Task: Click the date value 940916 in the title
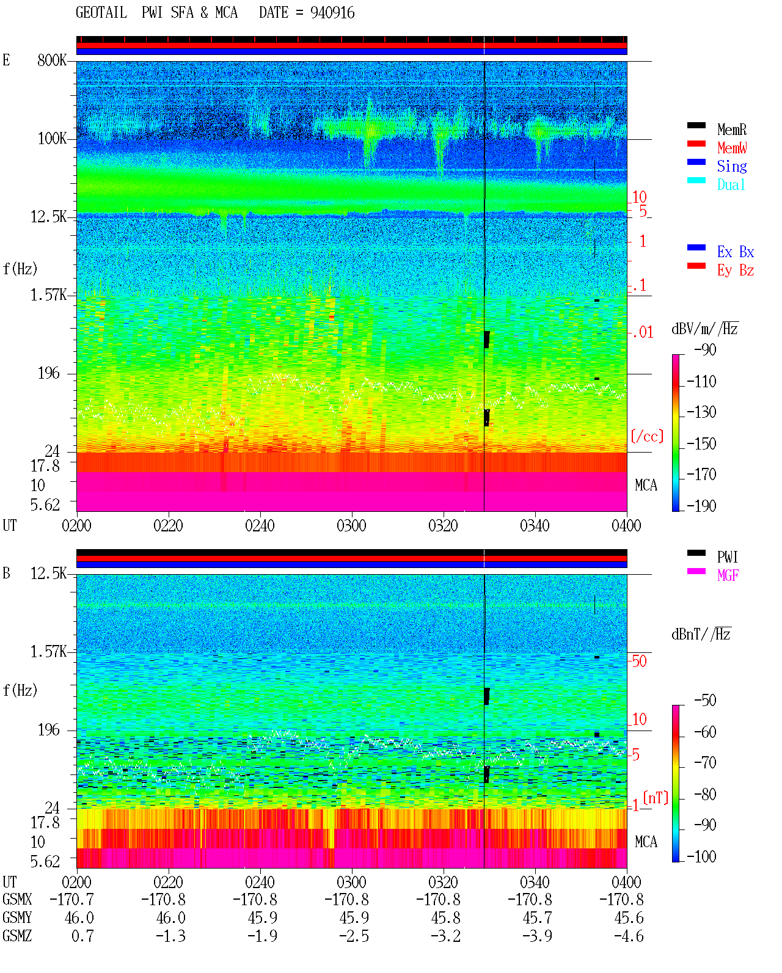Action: (332, 13)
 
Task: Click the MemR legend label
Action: (732, 129)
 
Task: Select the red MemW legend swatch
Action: (696, 144)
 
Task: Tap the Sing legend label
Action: (732, 166)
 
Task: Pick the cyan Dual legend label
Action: (731, 184)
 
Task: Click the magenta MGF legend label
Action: (728, 575)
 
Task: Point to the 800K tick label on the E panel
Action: (51, 60)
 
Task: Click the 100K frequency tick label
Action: (51, 139)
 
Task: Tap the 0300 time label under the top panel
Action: (351, 525)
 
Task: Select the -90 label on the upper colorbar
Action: (705, 349)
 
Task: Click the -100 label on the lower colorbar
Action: (701, 856)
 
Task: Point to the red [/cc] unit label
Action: (647, 436)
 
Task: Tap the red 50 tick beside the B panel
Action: (639, 661)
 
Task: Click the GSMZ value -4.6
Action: (629, 936)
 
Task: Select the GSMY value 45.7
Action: (537, 917)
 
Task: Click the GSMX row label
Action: (17, 899)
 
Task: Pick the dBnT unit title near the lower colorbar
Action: (701, 635)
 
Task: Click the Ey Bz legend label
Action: (736, 271)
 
